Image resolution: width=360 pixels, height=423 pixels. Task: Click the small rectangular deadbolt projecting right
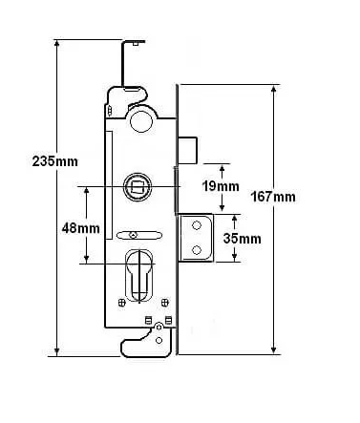tap(186, 150)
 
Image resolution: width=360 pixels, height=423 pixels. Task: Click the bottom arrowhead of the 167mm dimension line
tap(276, 349)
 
